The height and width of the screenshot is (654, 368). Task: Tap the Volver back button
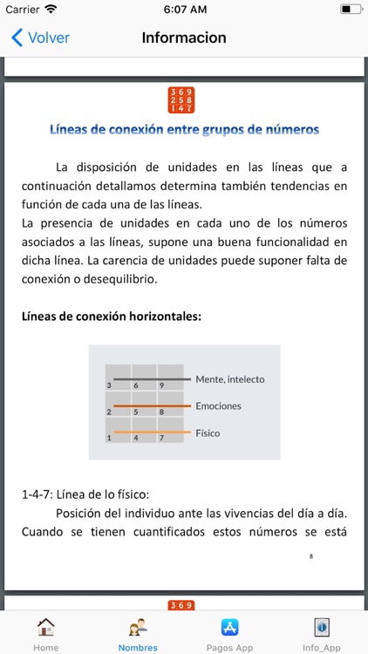coord(40,37)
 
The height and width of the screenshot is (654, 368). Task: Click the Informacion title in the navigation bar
coord(184,37)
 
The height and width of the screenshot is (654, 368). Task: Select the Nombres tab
coord(138,633)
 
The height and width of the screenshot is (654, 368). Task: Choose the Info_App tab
coord(322,633)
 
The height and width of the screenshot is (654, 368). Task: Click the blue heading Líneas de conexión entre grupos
coord(184,129)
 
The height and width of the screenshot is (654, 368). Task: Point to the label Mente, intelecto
coord(229,379)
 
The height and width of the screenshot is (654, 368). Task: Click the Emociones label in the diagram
coord(218,405)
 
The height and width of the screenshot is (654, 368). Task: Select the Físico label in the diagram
coord(208,433)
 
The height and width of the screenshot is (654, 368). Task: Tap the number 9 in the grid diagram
coord(161,385)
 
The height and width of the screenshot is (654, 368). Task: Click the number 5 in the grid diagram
coord(135,411)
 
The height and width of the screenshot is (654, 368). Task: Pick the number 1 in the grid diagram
coord(109,438)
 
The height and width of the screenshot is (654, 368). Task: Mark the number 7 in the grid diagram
coord(161,438)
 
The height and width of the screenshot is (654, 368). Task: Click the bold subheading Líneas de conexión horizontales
coord(111,316)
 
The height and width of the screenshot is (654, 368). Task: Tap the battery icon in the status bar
coord(350,9)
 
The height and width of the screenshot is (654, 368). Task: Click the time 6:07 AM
coord(183,9)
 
